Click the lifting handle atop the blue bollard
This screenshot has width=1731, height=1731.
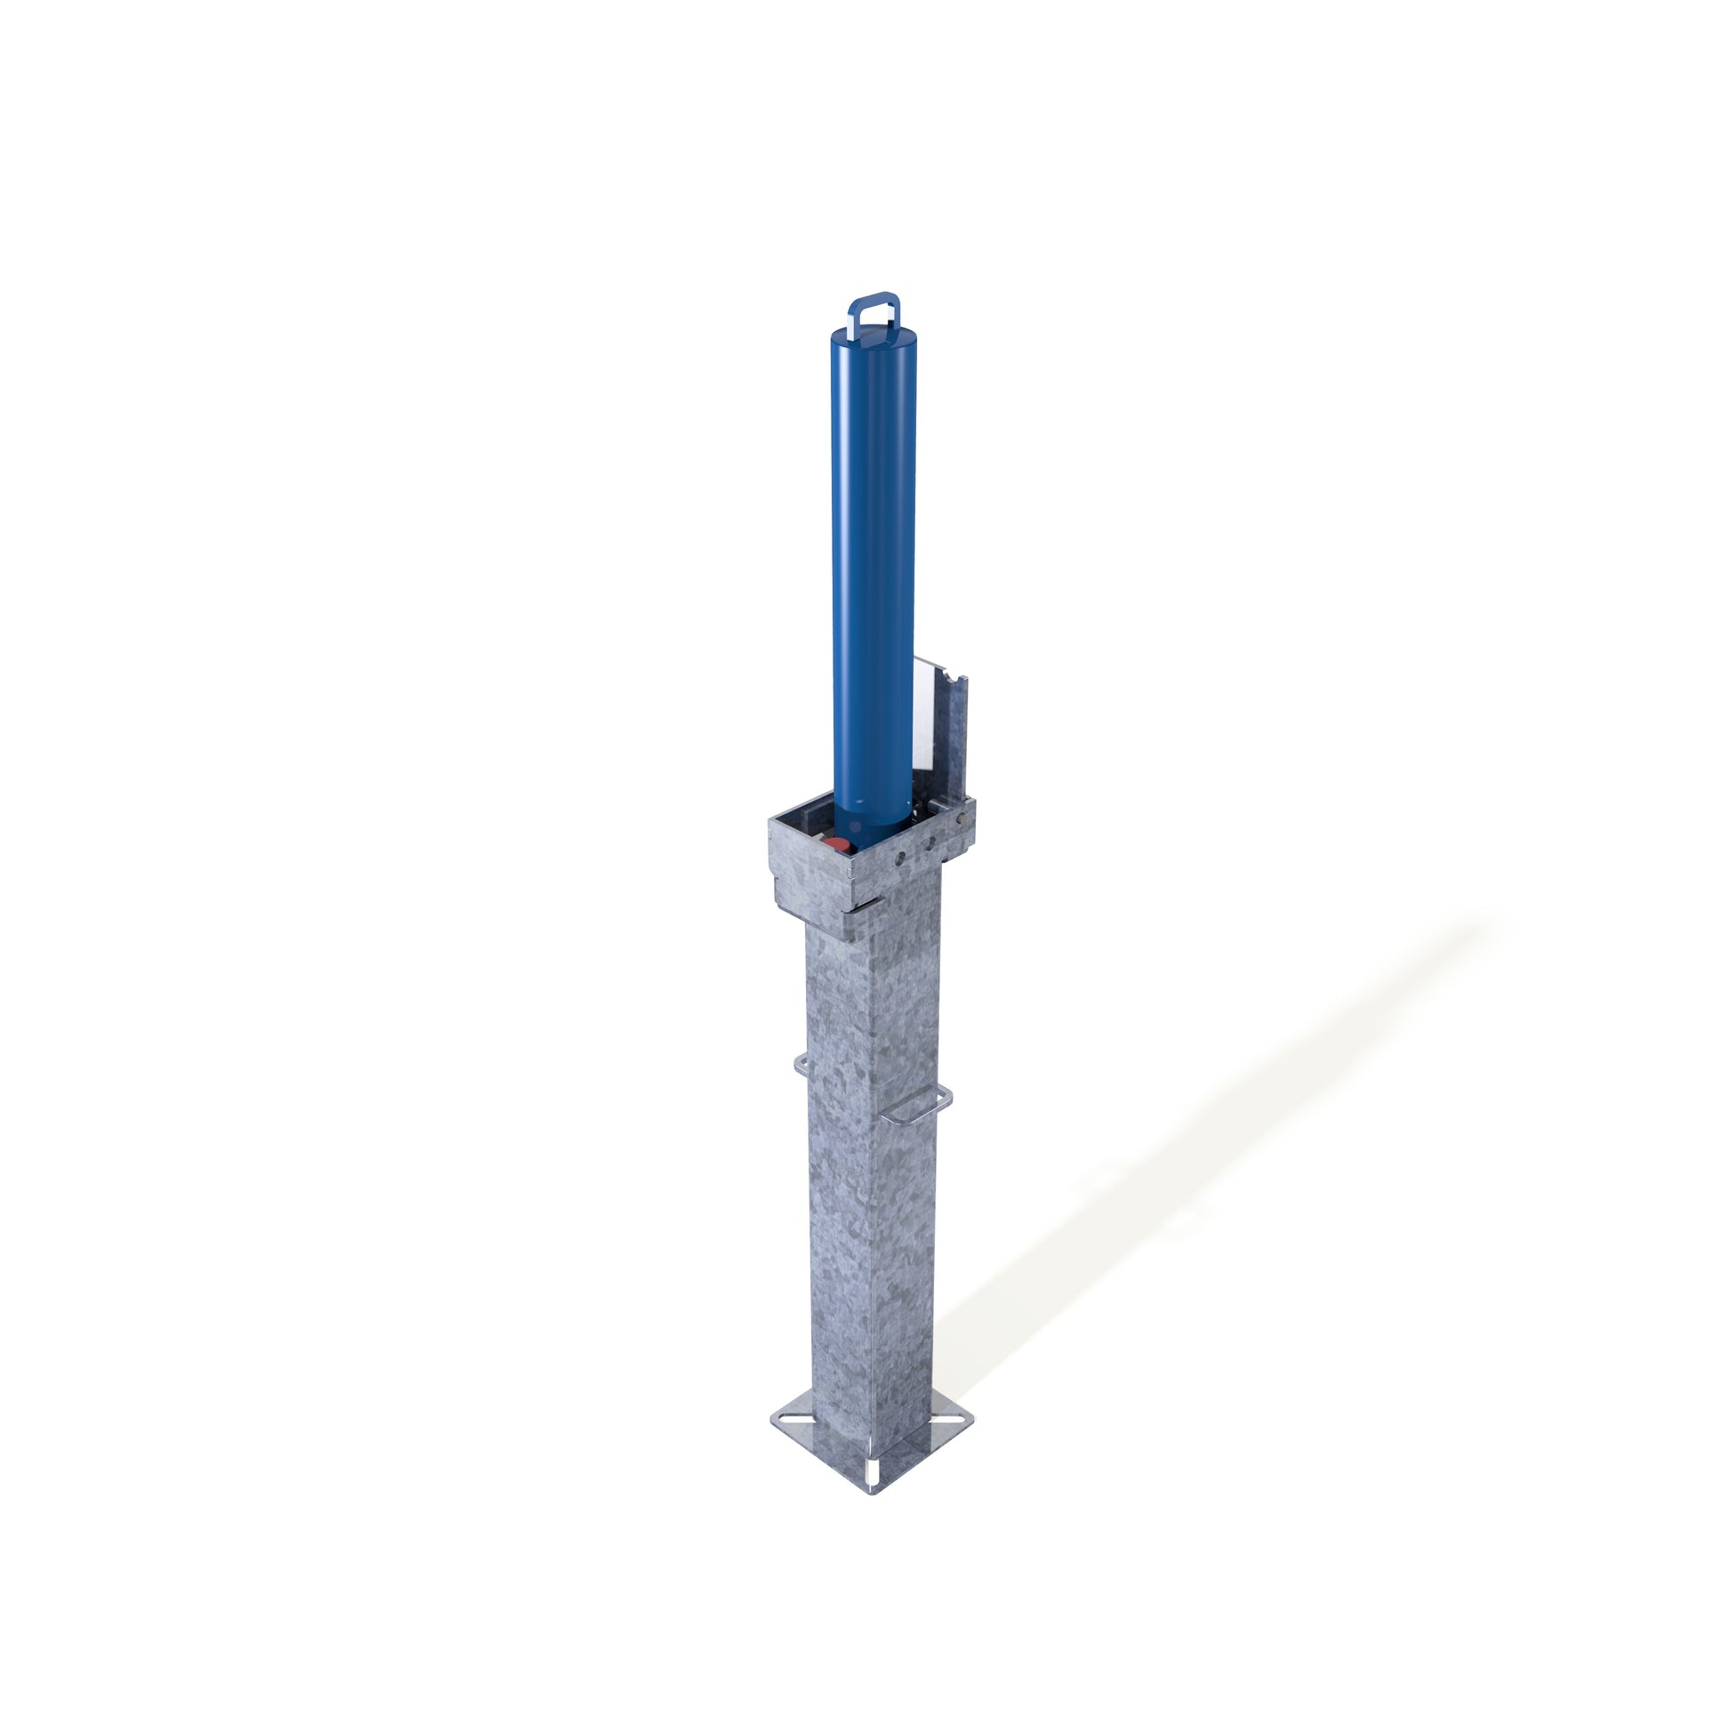tap(874, 305)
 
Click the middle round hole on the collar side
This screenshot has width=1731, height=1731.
tap(930, 841)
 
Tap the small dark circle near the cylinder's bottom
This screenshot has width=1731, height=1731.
tap(855, 826)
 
